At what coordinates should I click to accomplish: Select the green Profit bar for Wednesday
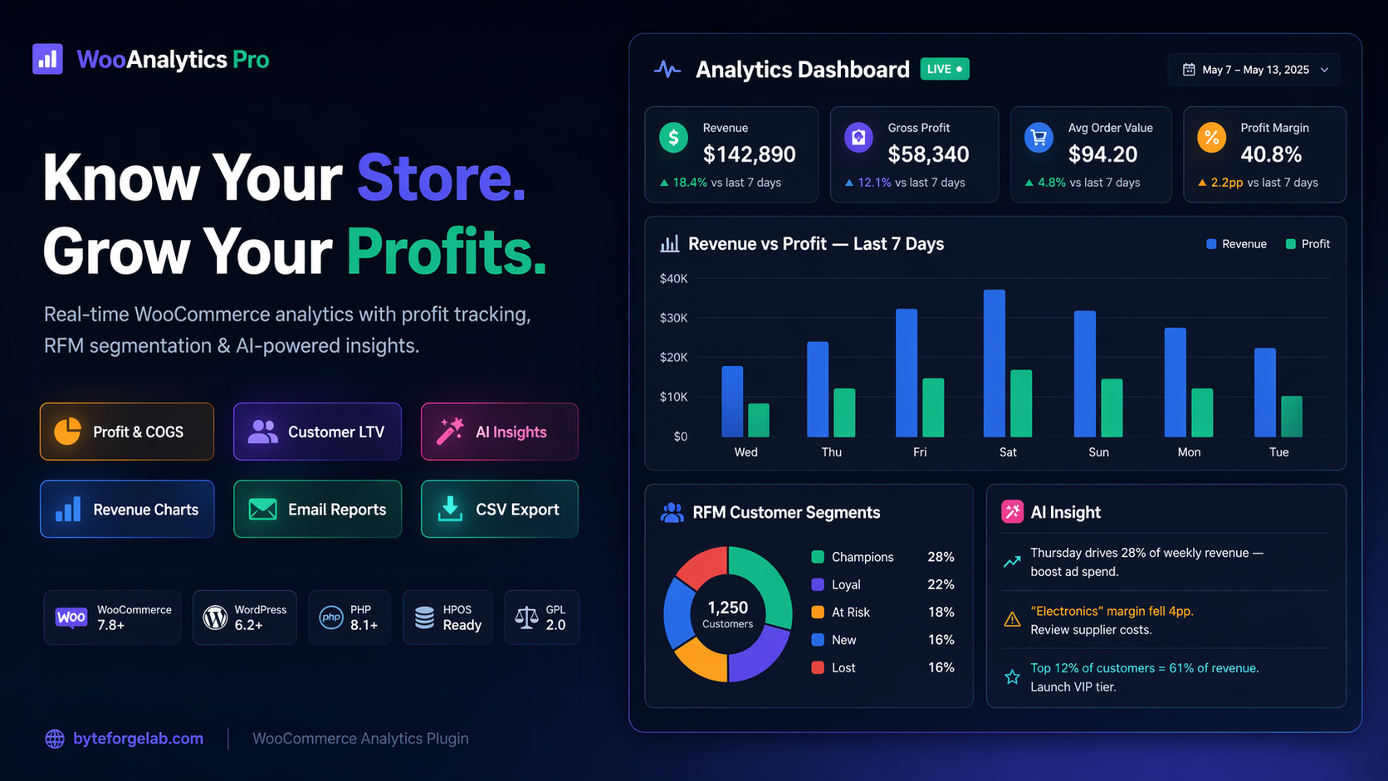tap(759, 420)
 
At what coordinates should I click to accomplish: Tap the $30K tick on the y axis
tap(673, 318)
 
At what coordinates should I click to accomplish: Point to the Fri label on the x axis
tap(920, 452)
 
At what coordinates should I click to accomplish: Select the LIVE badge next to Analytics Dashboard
tap(945, 69)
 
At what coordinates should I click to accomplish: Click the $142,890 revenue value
tap(749, 154)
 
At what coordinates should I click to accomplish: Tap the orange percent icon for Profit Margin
tap(1211, 138)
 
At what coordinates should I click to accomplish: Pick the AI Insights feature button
tap(499, 432)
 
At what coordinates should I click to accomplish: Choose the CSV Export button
tap(499, 510)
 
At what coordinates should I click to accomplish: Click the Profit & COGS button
tap(127, 432)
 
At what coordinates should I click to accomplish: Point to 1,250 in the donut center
tap(728, 608)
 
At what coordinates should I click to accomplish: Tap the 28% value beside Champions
tap(941, 557)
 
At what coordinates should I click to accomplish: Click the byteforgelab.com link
tap(138, 739)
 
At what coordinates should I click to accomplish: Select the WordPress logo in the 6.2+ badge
tap(215, 617)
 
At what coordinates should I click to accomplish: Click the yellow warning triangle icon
tap(1012, 620)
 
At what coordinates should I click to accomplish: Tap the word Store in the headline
tap(441, 178)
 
